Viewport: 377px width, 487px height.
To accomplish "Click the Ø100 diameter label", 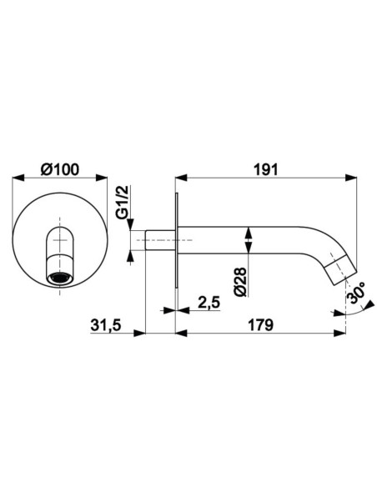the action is [60, 169].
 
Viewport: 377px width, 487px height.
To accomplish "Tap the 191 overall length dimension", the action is [266, 170].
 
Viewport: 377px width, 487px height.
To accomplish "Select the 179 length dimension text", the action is [260, 325].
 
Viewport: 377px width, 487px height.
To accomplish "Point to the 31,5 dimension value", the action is [105, 325].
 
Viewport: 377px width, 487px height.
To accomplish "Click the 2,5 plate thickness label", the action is [209, 302].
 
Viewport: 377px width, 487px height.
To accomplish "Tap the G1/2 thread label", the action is [123, 202].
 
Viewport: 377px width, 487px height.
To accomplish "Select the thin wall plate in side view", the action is [176, 240].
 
